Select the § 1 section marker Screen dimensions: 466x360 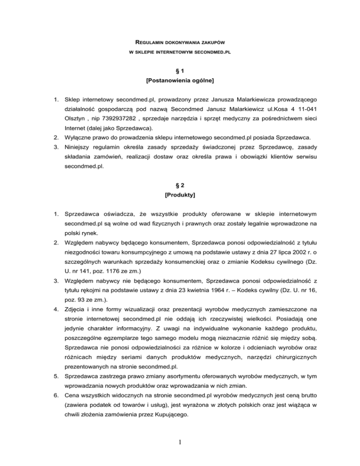(180, 72)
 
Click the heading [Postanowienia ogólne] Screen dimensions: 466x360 (180, 82)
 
